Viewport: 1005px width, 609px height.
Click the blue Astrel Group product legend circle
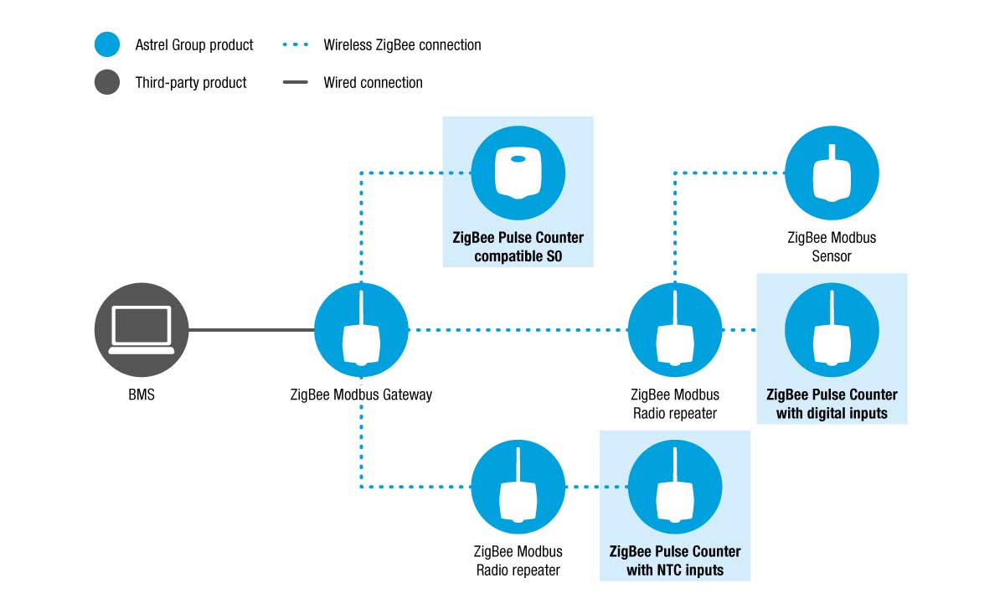tap(107, 44)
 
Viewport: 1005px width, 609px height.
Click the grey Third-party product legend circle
tap(107, 82)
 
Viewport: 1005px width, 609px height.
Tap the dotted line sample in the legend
tap(295, 44)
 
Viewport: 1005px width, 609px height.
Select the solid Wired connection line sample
tap(295, 82)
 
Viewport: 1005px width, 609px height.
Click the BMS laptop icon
tap(142, 330)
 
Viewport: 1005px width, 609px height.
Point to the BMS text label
tap(142, 395)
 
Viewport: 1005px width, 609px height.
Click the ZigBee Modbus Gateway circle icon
tap(361, 330)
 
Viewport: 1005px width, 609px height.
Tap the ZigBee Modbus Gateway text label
tap(361, 395)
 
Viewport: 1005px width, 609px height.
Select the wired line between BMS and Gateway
tap(251, 330)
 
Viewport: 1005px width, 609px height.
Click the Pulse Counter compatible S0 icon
tap(518, 173)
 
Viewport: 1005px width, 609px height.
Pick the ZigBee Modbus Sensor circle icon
tap(832, 173)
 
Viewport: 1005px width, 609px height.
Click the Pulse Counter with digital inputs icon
tap(832, 330)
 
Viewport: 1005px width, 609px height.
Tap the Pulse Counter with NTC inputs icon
tap(675, 487)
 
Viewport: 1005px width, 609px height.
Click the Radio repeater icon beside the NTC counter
tap(518, 487)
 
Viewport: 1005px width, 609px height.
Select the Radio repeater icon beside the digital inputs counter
tap(675, 330)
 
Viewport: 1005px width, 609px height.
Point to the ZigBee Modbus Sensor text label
tap(832, 247)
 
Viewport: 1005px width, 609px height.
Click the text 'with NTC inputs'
tap(675, 570)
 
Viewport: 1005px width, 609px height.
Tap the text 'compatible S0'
tap(518, 256)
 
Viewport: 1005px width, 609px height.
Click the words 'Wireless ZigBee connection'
tap(402, 45)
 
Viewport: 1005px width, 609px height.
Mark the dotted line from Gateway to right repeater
tap(518, 330)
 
